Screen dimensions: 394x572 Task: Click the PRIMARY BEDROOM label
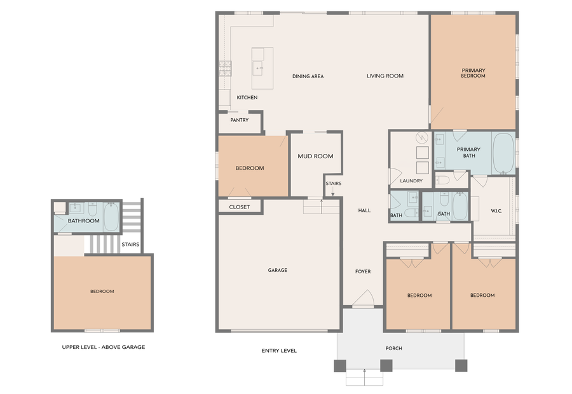473,72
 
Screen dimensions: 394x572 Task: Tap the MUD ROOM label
315,156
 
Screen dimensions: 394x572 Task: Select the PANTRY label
239,119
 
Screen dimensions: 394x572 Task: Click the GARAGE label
277,270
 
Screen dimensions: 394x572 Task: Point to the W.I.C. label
496,211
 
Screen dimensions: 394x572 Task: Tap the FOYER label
363,272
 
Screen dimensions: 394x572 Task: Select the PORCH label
394,348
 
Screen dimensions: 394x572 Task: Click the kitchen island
262,68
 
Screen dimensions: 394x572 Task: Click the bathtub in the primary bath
503,153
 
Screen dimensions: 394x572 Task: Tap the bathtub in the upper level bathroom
111,217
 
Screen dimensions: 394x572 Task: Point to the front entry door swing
365,299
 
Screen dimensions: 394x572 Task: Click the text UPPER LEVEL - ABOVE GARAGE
104,347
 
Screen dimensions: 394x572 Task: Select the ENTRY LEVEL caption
279,351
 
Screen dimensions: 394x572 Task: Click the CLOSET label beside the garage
240,207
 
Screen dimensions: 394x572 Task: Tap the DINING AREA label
308,76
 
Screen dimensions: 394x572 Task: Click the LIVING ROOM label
385,76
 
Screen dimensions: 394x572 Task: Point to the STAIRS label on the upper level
130,244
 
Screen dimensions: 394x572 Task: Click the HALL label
364,210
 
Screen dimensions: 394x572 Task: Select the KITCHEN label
247,97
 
